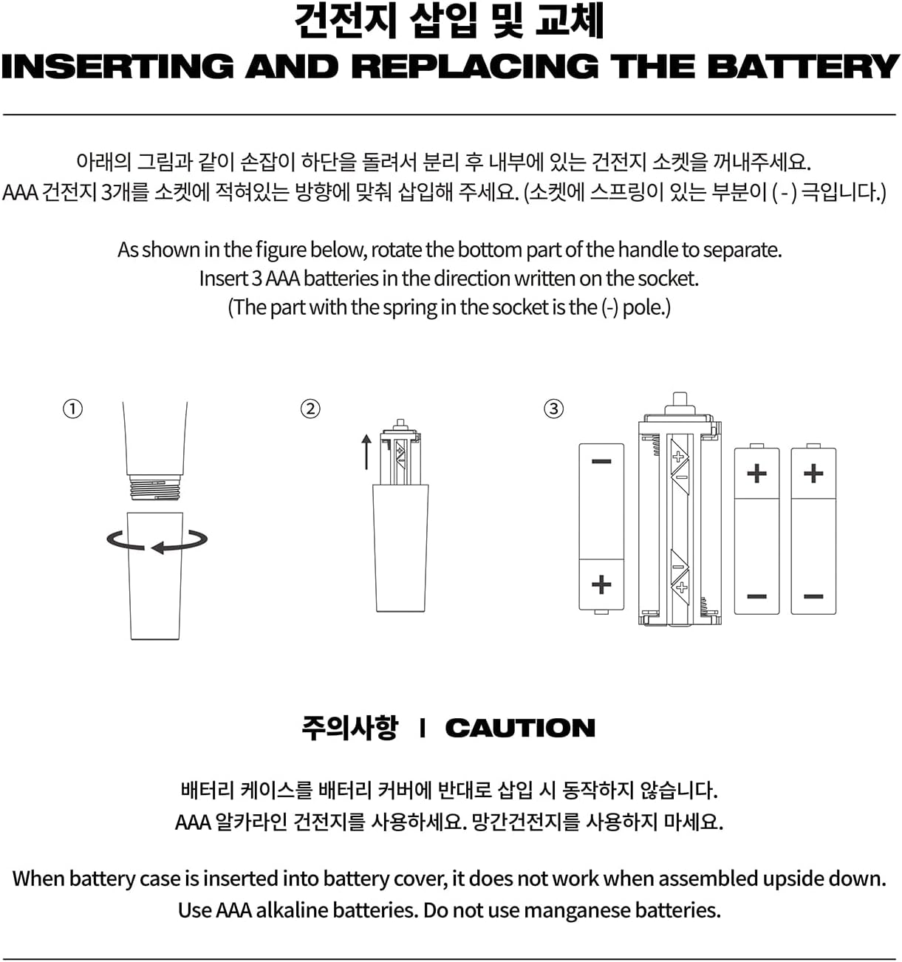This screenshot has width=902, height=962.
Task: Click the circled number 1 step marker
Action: (72, 409)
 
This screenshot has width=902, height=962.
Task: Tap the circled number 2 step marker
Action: (310, 409)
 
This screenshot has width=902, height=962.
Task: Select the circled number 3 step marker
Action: (554, 409)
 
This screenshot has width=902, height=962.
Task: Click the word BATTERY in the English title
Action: (803, 66)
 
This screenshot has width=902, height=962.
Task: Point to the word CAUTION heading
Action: (520, 728)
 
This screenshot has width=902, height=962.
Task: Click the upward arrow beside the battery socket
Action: (366, 452)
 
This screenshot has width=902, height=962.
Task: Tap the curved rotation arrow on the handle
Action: (157, 541)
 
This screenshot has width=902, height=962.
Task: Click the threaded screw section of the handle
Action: (154, 488)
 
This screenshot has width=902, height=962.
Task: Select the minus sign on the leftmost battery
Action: (601, 461)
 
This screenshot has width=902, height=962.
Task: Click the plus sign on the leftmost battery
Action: (601, 584)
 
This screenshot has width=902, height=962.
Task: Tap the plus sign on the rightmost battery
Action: (813, 474)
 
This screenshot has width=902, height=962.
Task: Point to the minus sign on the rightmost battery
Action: (813, 596)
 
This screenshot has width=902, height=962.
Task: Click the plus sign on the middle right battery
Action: (756, 474)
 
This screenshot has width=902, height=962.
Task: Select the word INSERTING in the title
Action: (117, 66)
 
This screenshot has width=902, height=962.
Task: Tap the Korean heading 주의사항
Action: (349, 728)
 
